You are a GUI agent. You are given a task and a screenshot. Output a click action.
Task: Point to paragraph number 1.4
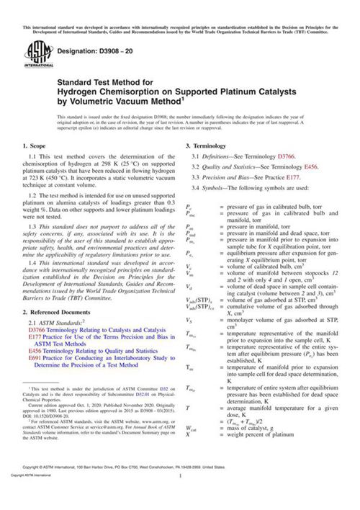(33, 263)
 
